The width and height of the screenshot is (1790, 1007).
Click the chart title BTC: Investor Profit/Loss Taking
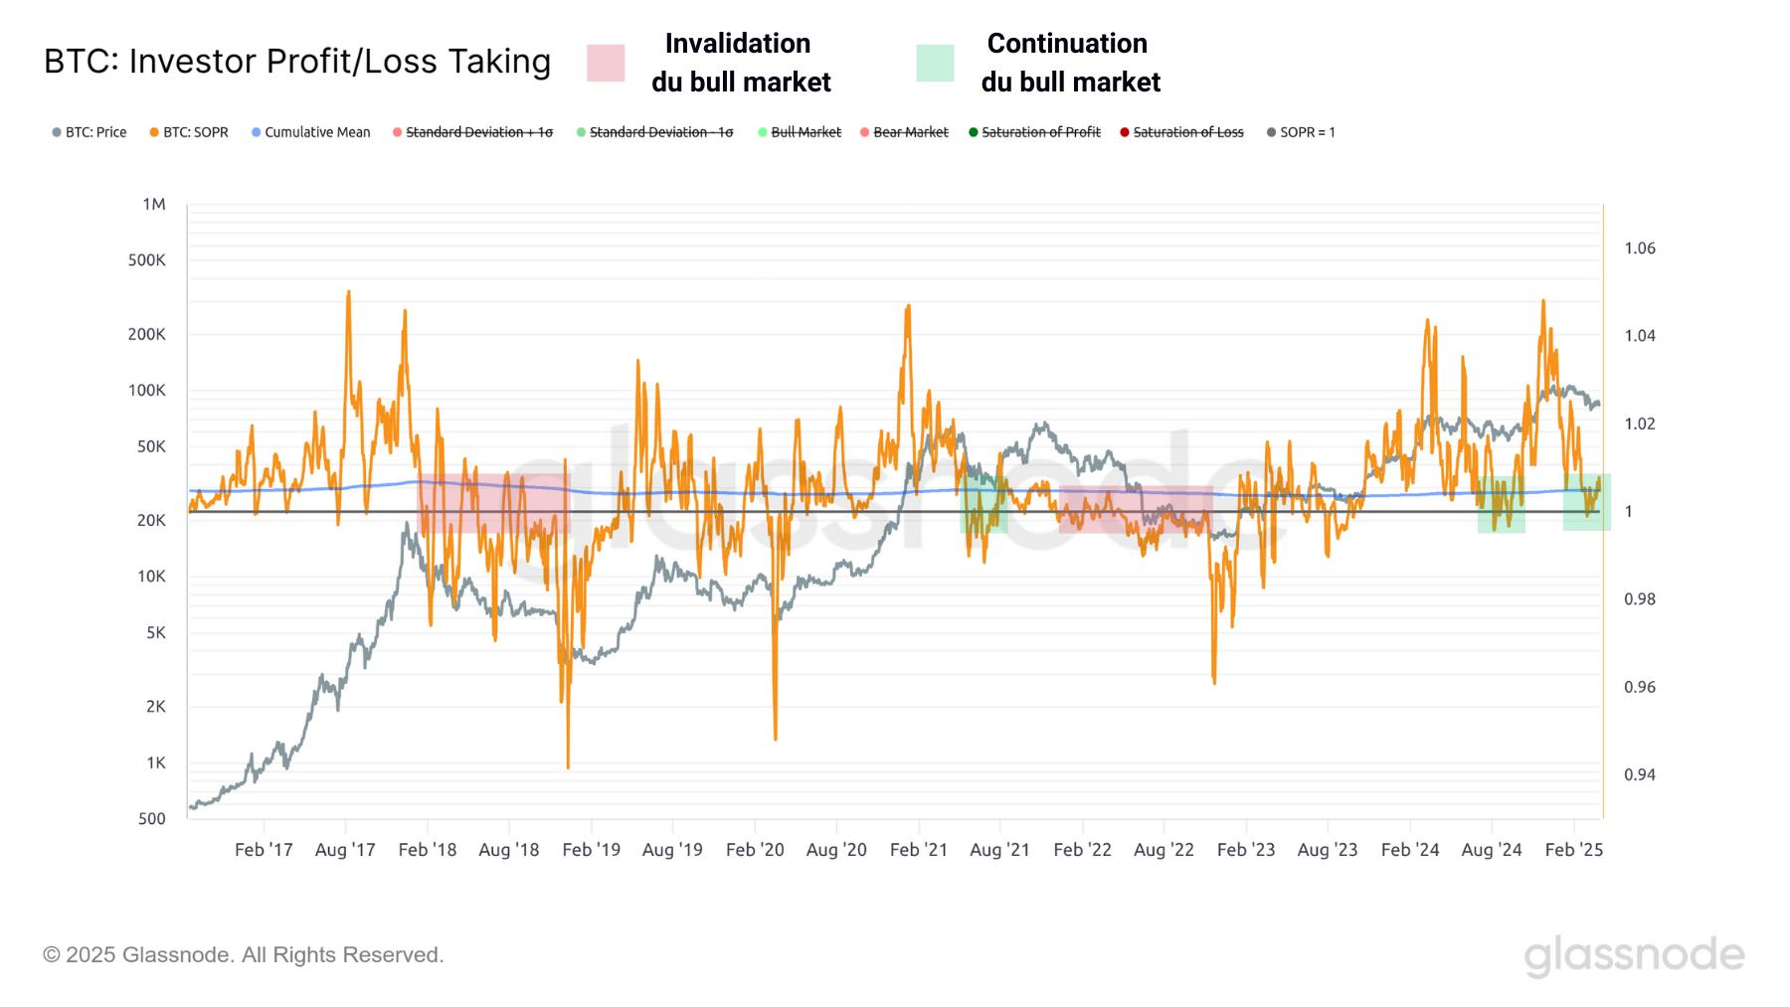click(297, 62)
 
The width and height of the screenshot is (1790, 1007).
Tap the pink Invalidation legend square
click(606, 63)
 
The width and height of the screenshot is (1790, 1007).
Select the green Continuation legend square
click(935, 63)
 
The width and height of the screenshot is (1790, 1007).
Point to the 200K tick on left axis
click(147, 334)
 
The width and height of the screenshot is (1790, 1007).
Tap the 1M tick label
click(153, 205)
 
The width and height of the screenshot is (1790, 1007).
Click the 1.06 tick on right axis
click(1640, 249)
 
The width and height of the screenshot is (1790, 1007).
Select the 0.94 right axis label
click(1640, 774)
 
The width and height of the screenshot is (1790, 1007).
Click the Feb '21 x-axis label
click(918, 849)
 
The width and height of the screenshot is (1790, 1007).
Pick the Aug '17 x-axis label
click(345, 849)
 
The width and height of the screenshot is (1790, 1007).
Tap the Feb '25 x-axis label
click(1573, 849)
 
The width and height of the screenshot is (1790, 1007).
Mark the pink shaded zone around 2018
click(492, 503)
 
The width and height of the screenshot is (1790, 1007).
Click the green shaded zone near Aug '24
click(1501, 504)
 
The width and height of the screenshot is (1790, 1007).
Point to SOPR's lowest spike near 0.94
click(568, 765)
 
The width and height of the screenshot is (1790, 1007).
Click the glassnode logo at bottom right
click(1634, 955)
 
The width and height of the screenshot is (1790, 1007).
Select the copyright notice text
click(244, 954)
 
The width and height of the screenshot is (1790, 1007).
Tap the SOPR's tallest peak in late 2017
click(348, 293)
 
